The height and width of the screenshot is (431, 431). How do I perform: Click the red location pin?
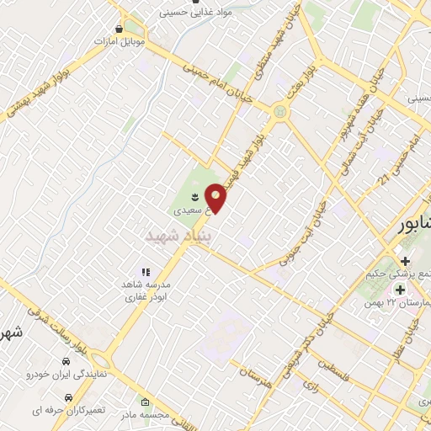point(217,198)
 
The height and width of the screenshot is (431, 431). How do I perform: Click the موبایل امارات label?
point(120,40)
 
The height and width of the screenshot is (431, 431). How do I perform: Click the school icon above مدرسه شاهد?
point(145,272)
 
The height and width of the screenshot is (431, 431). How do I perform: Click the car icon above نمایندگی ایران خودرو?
point(65,361)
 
